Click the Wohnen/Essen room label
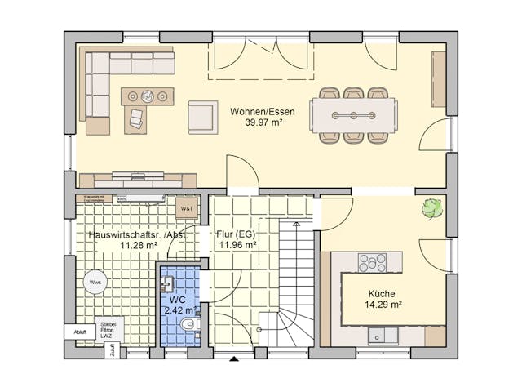click(x=263, y=112)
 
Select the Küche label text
click(x=382, y=294)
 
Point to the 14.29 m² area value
click(x=382, y=305)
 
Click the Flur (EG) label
click(x=237, y=234)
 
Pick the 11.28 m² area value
click(x=138, y=244)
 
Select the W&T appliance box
click(x=186, y=208)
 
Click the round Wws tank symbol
click(x=95, y=283)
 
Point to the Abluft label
click(x=79, y=332)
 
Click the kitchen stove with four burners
click(x=372, y=262)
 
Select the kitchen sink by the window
click(x=381, y=334)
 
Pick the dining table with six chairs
click(x=352, y=114)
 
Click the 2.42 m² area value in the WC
click(x=179, y=310)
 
